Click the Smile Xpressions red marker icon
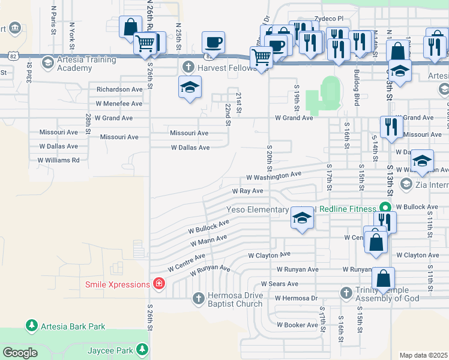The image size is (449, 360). tap(159, 284)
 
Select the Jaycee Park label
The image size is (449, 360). tap(109, 349)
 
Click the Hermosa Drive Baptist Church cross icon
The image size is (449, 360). tap(199, 298)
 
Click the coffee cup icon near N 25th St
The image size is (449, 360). tap(214, 42)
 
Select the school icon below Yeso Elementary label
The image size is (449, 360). tap(303, 219)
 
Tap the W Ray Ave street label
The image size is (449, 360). tap(248, 191)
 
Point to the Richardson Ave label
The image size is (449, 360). tap(119, 89)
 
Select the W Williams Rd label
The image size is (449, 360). tap(58, 160)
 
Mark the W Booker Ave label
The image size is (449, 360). tap(297, 325)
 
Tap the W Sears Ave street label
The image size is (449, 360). tap(279, 284)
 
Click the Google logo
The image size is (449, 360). tap(20, 353)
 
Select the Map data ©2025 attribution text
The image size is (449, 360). tap(423, 355)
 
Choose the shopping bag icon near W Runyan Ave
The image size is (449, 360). tap(383, 279)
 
